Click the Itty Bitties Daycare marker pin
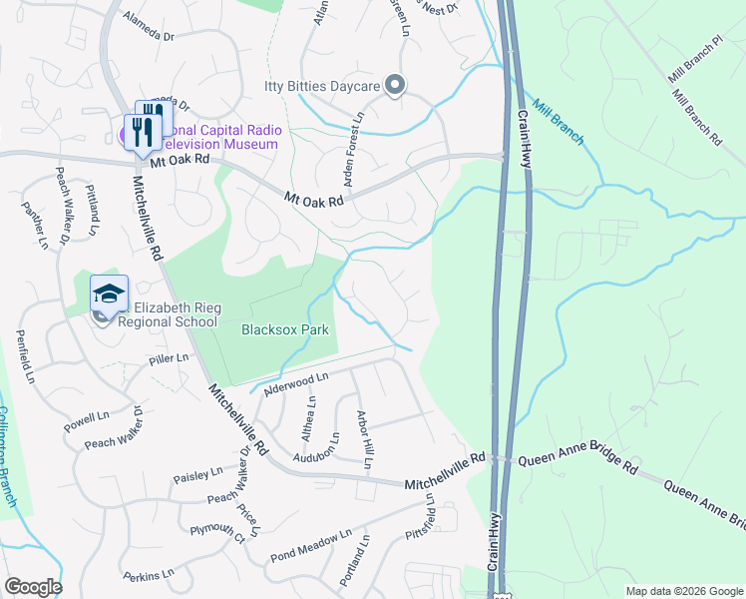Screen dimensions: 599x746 pyautogui.click(x=395, y=86)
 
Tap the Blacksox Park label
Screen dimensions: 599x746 pyautogui.click(x=285, y=328)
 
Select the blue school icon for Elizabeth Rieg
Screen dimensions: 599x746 pyautogui.click(x=110, y=293)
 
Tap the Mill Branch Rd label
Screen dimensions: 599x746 pyautogui.click(x=695, y=119)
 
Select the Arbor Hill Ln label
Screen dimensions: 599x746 pyautogui.click(x=366, y=438)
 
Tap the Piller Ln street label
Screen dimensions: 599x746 pyautogui.click(x=169, y=358)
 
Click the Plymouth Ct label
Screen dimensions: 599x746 pyautogui.click(x=217, y=533)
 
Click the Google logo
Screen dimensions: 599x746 pyautogui.click(x=33, y=587)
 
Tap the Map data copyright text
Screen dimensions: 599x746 pyautogui.click(x=684, y=591)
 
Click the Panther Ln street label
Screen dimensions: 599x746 pyautogui.click(x=27, y=220)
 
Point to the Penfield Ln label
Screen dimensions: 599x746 pyautogui.click(x=25, y=358)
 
